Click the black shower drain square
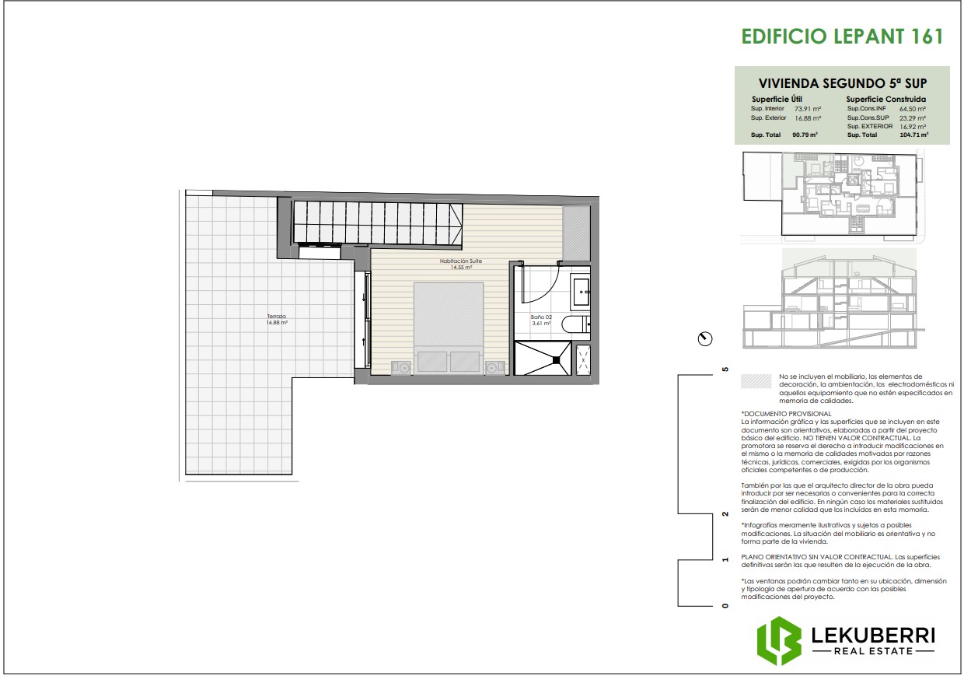[557, 359]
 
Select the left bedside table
[401, 367]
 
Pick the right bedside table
[492, 367]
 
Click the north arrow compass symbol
[704, 338]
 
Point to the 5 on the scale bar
[725, 370]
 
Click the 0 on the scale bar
[725, 606]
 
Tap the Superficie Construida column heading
[885, 100]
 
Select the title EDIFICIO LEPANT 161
[842, 37]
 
